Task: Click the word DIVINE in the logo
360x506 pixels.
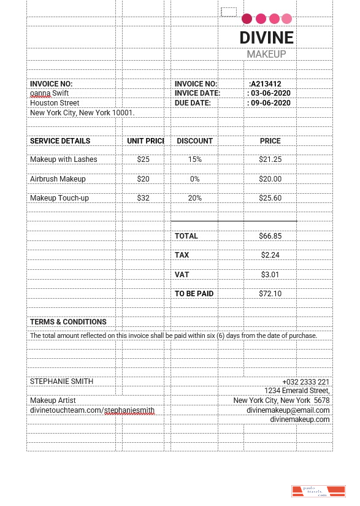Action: point(267,37)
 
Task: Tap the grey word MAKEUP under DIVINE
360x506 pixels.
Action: point(266,55)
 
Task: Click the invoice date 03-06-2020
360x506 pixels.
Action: point(270,93)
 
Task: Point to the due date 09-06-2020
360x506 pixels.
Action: point(270,103)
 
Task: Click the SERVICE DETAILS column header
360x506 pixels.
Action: point(60,141)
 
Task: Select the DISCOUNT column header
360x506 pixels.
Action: point(194,141)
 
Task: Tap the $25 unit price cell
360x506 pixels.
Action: point(144,159)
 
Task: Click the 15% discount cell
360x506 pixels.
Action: point(194,159)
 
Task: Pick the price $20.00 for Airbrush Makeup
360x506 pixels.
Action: point(270,179)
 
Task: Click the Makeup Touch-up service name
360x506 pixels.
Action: point(59,198)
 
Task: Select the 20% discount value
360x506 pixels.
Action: point(194,198)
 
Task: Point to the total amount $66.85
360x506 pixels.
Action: point(270,236)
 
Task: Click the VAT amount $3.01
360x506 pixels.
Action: point(270,274)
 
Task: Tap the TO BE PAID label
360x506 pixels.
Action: point(194,294)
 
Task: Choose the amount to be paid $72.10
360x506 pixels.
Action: point(270,294)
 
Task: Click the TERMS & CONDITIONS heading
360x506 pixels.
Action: point(68,322)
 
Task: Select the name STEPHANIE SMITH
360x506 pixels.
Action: point(61,381)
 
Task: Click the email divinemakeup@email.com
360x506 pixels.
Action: point(288,410)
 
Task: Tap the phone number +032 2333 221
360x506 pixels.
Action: point(306,381)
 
